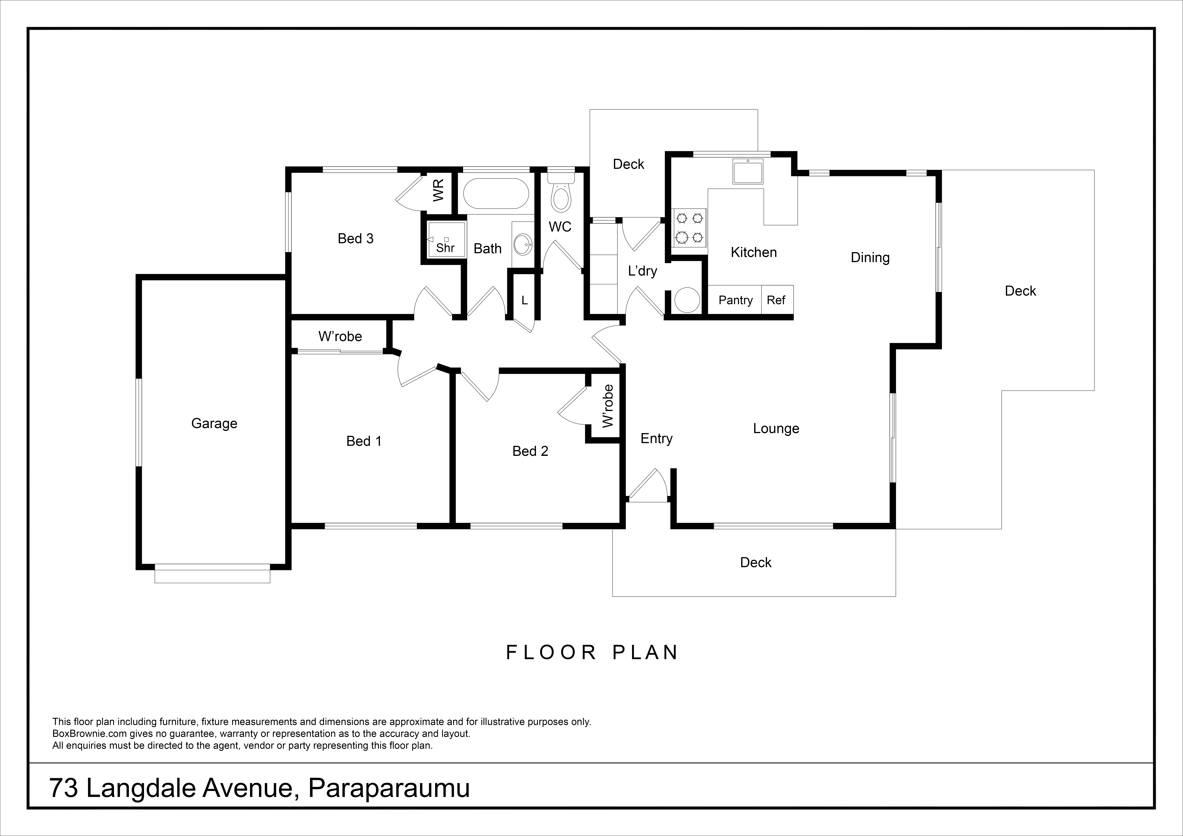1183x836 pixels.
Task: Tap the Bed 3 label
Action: pos(356,239)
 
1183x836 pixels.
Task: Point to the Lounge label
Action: pos(776,429)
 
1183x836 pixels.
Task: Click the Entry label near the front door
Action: pos(656,439)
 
